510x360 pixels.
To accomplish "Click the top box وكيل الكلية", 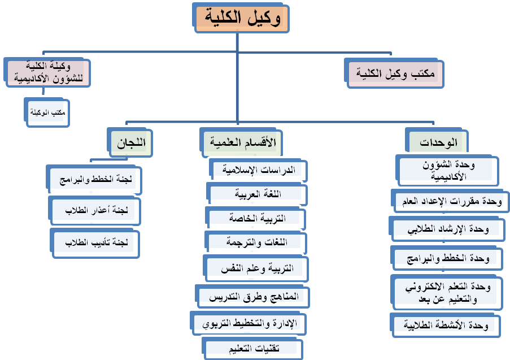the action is click(241, 18).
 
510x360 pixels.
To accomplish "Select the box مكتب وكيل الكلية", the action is click(394, 73).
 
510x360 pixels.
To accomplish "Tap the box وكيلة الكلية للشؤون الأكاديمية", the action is click(47, 72).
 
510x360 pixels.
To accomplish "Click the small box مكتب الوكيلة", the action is click(47, 112).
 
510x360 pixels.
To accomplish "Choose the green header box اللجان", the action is click(130, 142).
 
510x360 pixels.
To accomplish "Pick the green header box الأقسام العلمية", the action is click(241, 142).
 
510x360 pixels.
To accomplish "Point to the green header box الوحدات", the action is click(437, 142).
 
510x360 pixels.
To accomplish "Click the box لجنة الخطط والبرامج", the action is click(94, 180).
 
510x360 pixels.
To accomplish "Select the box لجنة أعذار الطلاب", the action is click(94, 211).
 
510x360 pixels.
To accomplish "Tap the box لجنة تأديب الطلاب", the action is click(95, 243).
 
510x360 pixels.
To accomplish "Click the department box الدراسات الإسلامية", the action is click(258, 170).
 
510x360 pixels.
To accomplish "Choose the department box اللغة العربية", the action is click(256, 194).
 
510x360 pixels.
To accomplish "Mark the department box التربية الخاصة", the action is click(256, 218).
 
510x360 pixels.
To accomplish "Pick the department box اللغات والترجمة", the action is click(256, 242).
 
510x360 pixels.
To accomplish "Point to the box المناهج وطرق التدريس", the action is click(252, 297).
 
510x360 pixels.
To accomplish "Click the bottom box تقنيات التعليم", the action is click(252, 349).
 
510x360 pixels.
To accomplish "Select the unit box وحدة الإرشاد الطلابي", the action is click(447, 229).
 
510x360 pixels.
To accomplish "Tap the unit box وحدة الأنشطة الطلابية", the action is click(445, 325).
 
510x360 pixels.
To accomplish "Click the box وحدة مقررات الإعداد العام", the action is click(451, 202).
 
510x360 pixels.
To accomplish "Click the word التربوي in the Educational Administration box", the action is click(213, 324).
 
